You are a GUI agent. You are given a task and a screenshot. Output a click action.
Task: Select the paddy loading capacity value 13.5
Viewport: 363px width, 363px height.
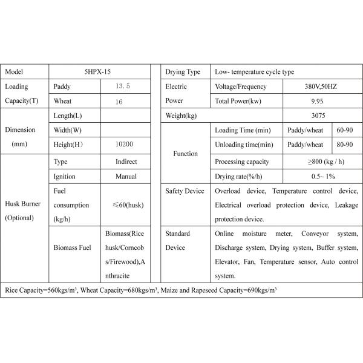[x=123, y=87]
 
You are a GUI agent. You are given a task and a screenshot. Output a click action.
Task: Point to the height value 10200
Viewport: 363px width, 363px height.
[x=123, y=145]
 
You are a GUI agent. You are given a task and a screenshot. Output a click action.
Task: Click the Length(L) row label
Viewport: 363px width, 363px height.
[x=68, y=116]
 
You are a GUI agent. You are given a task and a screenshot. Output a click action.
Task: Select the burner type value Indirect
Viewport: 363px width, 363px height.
[x=126, y=162]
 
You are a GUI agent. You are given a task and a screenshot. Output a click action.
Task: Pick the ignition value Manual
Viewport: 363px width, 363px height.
[x=126, y=177]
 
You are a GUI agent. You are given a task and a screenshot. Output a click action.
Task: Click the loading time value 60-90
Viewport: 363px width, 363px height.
[x=345, y=130]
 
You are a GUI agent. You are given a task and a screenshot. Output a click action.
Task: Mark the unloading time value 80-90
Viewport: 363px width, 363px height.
[x=345, y=145]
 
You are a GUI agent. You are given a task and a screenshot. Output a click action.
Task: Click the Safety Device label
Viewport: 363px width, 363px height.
[x=185, y=191]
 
